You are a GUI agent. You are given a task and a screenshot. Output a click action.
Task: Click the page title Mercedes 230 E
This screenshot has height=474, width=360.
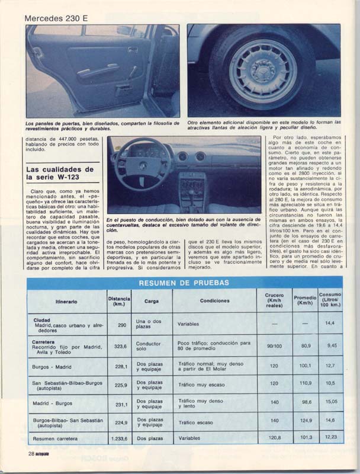[x=56, y=18]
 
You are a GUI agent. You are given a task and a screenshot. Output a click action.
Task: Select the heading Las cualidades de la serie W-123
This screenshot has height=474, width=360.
[x=60, y=174]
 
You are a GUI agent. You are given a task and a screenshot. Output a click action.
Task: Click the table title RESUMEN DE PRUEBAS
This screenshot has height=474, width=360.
[x=184, y=283]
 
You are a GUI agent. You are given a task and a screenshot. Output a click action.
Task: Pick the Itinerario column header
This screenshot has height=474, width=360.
[x=66, y=301]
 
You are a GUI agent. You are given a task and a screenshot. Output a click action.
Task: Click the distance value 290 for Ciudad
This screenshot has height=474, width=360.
[x=122, y=325]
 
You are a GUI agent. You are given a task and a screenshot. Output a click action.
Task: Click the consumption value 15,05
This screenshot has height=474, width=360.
[x=329, y=401]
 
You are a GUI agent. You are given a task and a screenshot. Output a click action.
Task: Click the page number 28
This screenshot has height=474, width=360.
[x=31, y=453]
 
